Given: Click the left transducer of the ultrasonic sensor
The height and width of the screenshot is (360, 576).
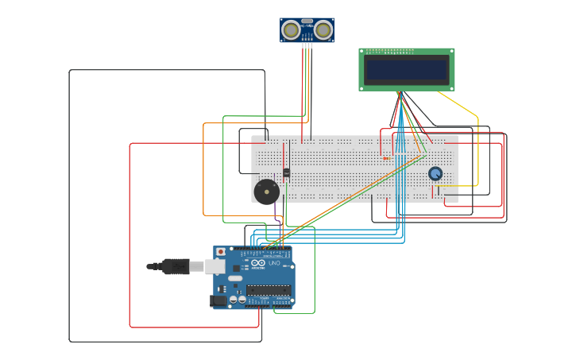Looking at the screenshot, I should coord(292,30).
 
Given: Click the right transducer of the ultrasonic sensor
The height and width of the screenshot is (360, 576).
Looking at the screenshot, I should coord(323,30).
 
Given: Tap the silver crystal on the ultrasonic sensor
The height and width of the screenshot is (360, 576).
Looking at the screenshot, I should coord(307,21).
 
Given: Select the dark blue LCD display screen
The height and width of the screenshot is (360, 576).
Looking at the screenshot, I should coord(407,69).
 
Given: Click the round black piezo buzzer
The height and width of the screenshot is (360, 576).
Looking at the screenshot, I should coord(266,192).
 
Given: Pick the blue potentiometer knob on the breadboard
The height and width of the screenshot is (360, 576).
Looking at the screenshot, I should coord(435,173).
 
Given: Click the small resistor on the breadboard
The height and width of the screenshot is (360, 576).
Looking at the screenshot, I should coord(386,158).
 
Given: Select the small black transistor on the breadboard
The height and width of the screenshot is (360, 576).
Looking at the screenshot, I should coord(286,172).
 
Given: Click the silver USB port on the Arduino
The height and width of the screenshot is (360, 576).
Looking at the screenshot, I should coord(215,266).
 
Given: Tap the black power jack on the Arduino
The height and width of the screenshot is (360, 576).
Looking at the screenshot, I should coord(217,301).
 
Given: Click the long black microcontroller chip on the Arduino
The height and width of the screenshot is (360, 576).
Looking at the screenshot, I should coord(268,289).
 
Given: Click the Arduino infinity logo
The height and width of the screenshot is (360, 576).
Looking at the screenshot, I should coord(258,265).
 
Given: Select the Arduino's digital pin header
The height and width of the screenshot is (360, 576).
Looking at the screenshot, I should coord(265,250).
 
